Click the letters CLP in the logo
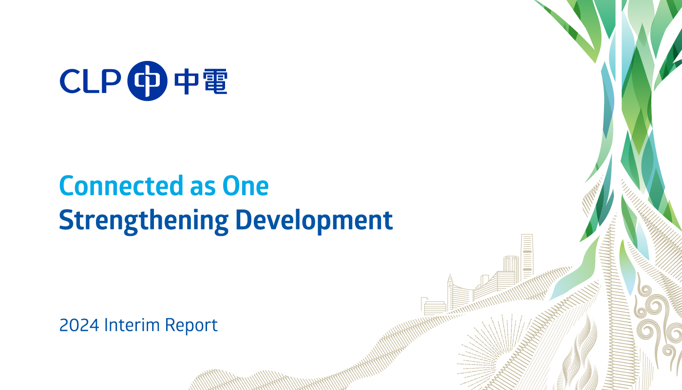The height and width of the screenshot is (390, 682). click(90, 81)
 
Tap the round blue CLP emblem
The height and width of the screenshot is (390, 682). click(147, 81)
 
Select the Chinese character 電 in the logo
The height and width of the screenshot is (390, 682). click(215, 81)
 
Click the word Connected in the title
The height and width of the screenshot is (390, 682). click(121, 186)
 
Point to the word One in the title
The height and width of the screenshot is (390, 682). click(246, 186)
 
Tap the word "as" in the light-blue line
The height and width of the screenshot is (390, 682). click(203, 189)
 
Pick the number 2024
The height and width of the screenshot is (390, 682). click(79, 325)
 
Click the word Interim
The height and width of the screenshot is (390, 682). click(132, 325)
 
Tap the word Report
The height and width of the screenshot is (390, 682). click(191, 326)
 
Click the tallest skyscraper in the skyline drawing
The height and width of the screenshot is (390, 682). click(527, 258)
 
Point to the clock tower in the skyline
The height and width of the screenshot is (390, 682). click(450, 292)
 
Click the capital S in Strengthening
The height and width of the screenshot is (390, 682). click(66, 219)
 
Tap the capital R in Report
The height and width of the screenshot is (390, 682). click(170, 325)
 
